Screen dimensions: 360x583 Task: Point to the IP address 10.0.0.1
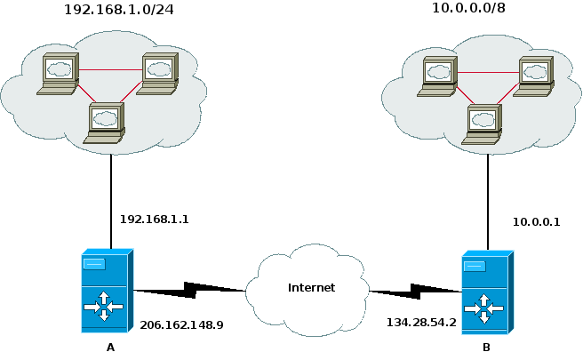point(536,222)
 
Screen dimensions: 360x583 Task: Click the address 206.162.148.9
point(181,325)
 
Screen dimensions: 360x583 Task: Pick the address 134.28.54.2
point(421,323)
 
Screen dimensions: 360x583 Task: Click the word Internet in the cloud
point(311,287)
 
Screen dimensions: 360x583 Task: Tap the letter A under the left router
point(110,348)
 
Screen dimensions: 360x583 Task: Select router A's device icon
point(106,291)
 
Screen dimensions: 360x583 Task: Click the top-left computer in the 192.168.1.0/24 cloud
point(61,73)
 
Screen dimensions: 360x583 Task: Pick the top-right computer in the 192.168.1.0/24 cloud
point(159,73)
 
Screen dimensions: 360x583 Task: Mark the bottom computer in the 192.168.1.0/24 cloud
point(107,123)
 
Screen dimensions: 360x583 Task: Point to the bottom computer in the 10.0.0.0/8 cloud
point(485,124)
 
